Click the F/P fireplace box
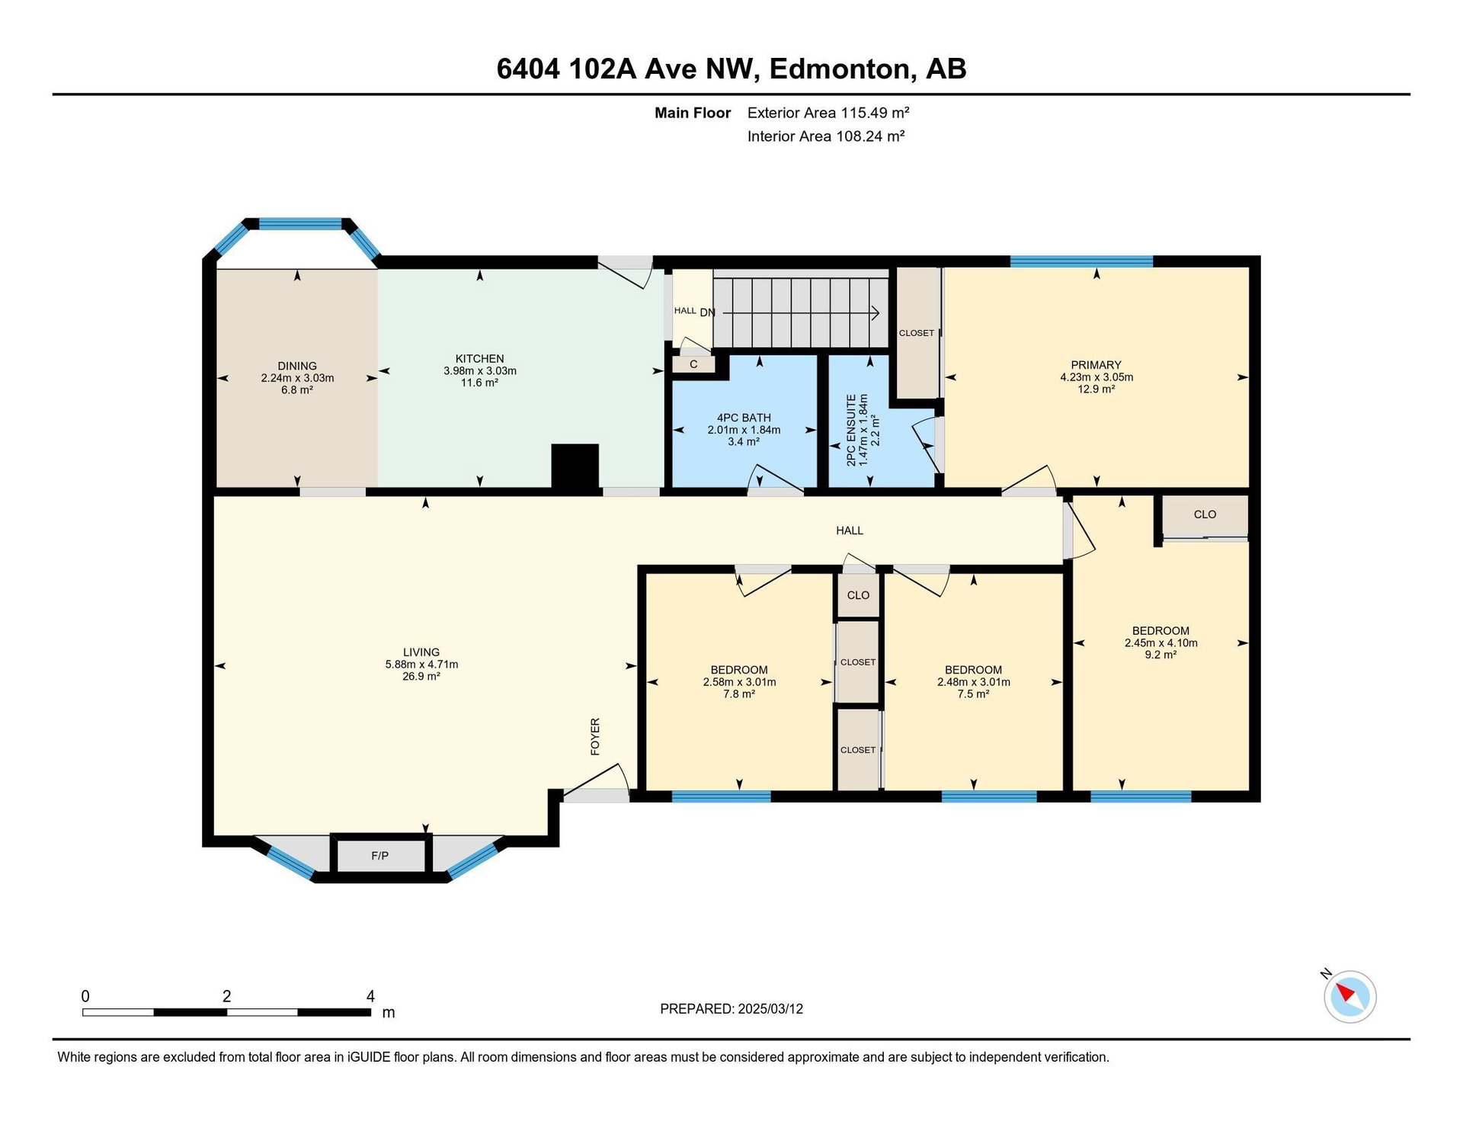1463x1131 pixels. (380, 856)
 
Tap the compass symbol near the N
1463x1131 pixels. (1349, 996)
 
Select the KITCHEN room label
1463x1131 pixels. (480, 359)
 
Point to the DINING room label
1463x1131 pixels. (297, 366)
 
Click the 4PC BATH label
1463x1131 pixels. (744, 418)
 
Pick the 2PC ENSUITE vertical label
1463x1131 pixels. (851, 430)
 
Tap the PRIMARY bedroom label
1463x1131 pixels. (1096, 365)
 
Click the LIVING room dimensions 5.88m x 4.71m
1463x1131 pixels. (421, 665)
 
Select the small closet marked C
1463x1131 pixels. (693, 364)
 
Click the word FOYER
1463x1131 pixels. (595, 736)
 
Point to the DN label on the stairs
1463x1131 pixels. (707, 312)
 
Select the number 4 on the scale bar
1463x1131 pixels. (370, 996)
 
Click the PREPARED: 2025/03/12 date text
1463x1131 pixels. (731, 1009)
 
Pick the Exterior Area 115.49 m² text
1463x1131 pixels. (828, 113)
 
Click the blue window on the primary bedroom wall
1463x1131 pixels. (1081, 261)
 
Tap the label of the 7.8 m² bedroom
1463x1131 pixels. (739, 670)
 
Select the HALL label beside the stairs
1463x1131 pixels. (685, 311)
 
